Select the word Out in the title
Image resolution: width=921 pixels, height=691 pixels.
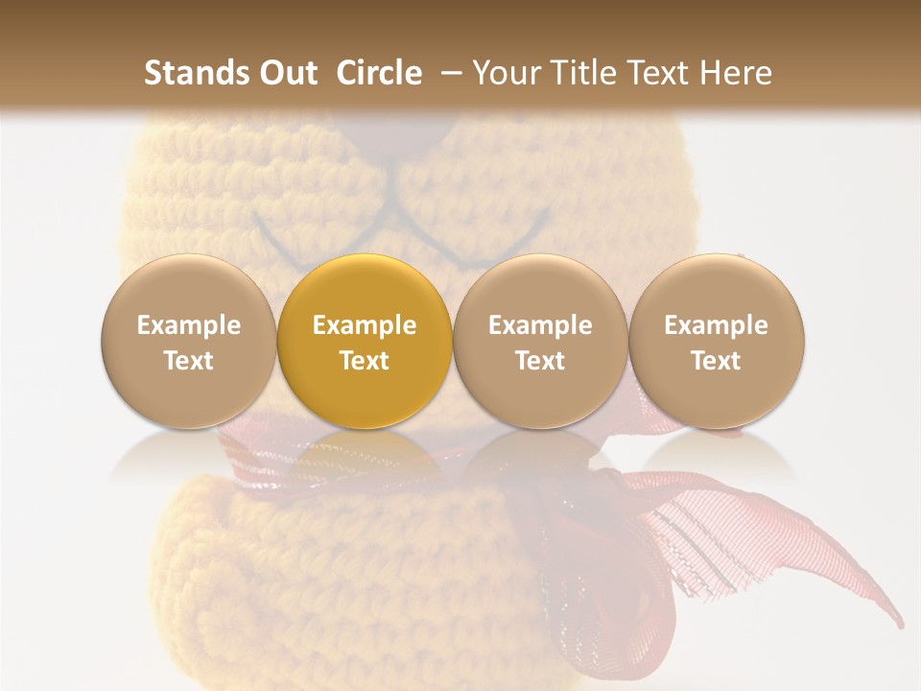pyautogui.click(x=285, y=73)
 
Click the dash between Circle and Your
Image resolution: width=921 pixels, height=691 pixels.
pyautogui.click(x=447, y=73)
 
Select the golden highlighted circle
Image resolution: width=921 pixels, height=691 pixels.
pyautogui.click(x=365, y=341)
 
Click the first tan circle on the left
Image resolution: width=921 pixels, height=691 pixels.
pyautogui.click(x=188, y=341)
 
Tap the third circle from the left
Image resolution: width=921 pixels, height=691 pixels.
pyautogui.click(x=540, y=341)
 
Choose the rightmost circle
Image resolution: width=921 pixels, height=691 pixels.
pyautogui.click(x=717, y=341)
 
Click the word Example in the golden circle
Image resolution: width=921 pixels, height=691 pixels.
pyautogui.click(x=365, y=325)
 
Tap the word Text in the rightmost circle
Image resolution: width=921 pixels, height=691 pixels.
pyautogui.click(x=717, y=361)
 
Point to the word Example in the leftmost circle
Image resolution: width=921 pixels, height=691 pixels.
pyautogui.click(x=188, y=325)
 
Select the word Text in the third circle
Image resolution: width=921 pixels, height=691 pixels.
pyautogui.click(x=540, y=361)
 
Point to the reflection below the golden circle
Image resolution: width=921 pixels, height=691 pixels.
pyautogui.click(x=365, y=451)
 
